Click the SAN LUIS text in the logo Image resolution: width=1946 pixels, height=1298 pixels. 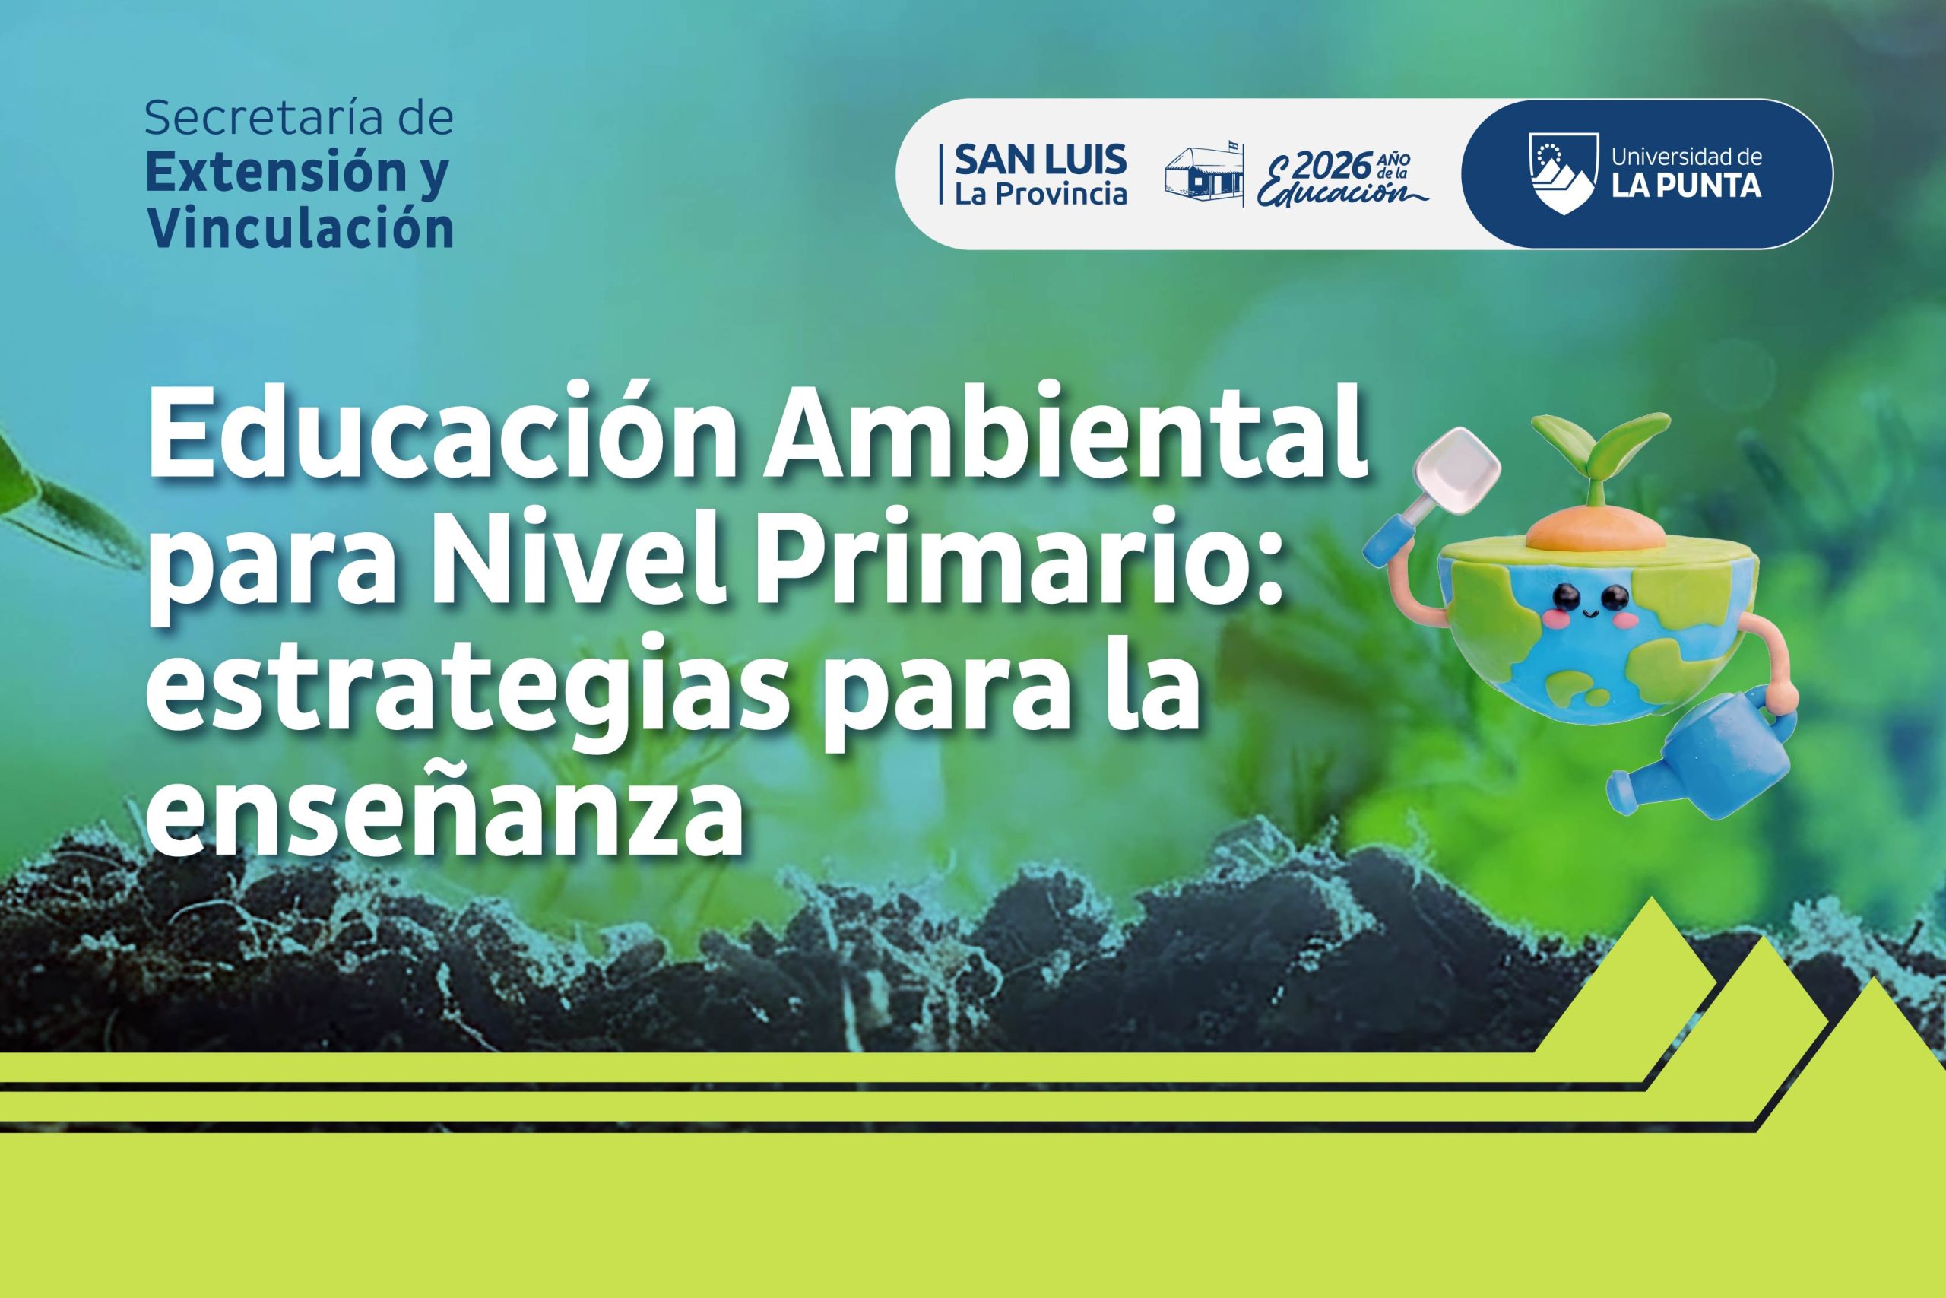click(x=1040, y=159)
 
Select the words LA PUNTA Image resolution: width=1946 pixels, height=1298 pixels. click(x=1687, y=186)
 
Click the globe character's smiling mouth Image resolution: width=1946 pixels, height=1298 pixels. click(x=1586, y=614)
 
